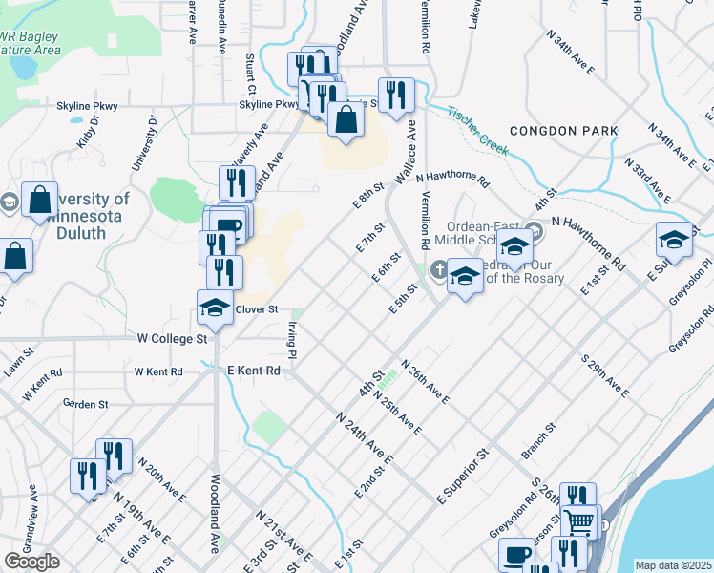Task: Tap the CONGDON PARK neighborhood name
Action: tap(563, 131)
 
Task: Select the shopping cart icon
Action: tap(578, 522)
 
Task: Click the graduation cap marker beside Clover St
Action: tap(215, 308)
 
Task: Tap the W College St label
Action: tap(172, 339)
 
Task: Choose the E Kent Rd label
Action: tap(253, 371)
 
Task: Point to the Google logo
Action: tap(31, 562)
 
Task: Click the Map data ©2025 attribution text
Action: tap(673, 565)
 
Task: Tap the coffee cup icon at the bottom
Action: tap(517, 555)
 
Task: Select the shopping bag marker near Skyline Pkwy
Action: tap(346, 119)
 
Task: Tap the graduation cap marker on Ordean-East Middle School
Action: tap(514, 246)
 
